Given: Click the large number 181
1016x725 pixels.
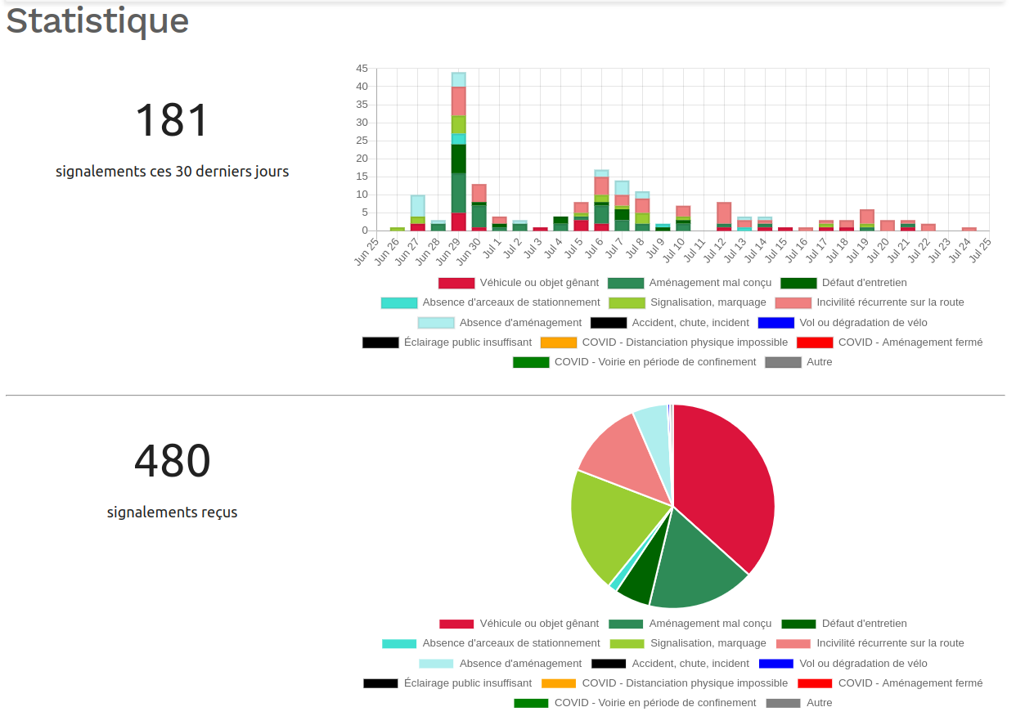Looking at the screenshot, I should pyautogui.click(x=172, y=121).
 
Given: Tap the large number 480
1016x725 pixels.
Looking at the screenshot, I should pyautogui.click(x=172, y=462).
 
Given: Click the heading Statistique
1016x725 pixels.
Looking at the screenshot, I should pyautogui.click(x=97, y=21).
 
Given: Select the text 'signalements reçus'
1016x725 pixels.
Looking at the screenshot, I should pyautogui.click(x=172, y=512).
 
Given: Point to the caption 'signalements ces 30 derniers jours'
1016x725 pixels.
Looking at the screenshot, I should pyautogui.click(x=172, y=172).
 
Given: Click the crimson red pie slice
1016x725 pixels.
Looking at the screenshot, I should pyautogui.click(x=724, y=482).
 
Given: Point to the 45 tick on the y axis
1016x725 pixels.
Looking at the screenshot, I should pyautogui.click(x=362, y=69).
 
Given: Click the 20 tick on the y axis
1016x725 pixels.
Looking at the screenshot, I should pyautogui.click(x=362, y=159).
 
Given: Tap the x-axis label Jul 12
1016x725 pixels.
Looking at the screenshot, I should pyautogui.click(x=715, y=249).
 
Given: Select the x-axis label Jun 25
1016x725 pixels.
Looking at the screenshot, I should pyautogui.click(x=367, y=249).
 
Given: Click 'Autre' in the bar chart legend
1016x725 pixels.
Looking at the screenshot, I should pyautogui.click(x=819, y=362).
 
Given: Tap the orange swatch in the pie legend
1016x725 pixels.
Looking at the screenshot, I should pyautogui.click(x=559, y=683).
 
